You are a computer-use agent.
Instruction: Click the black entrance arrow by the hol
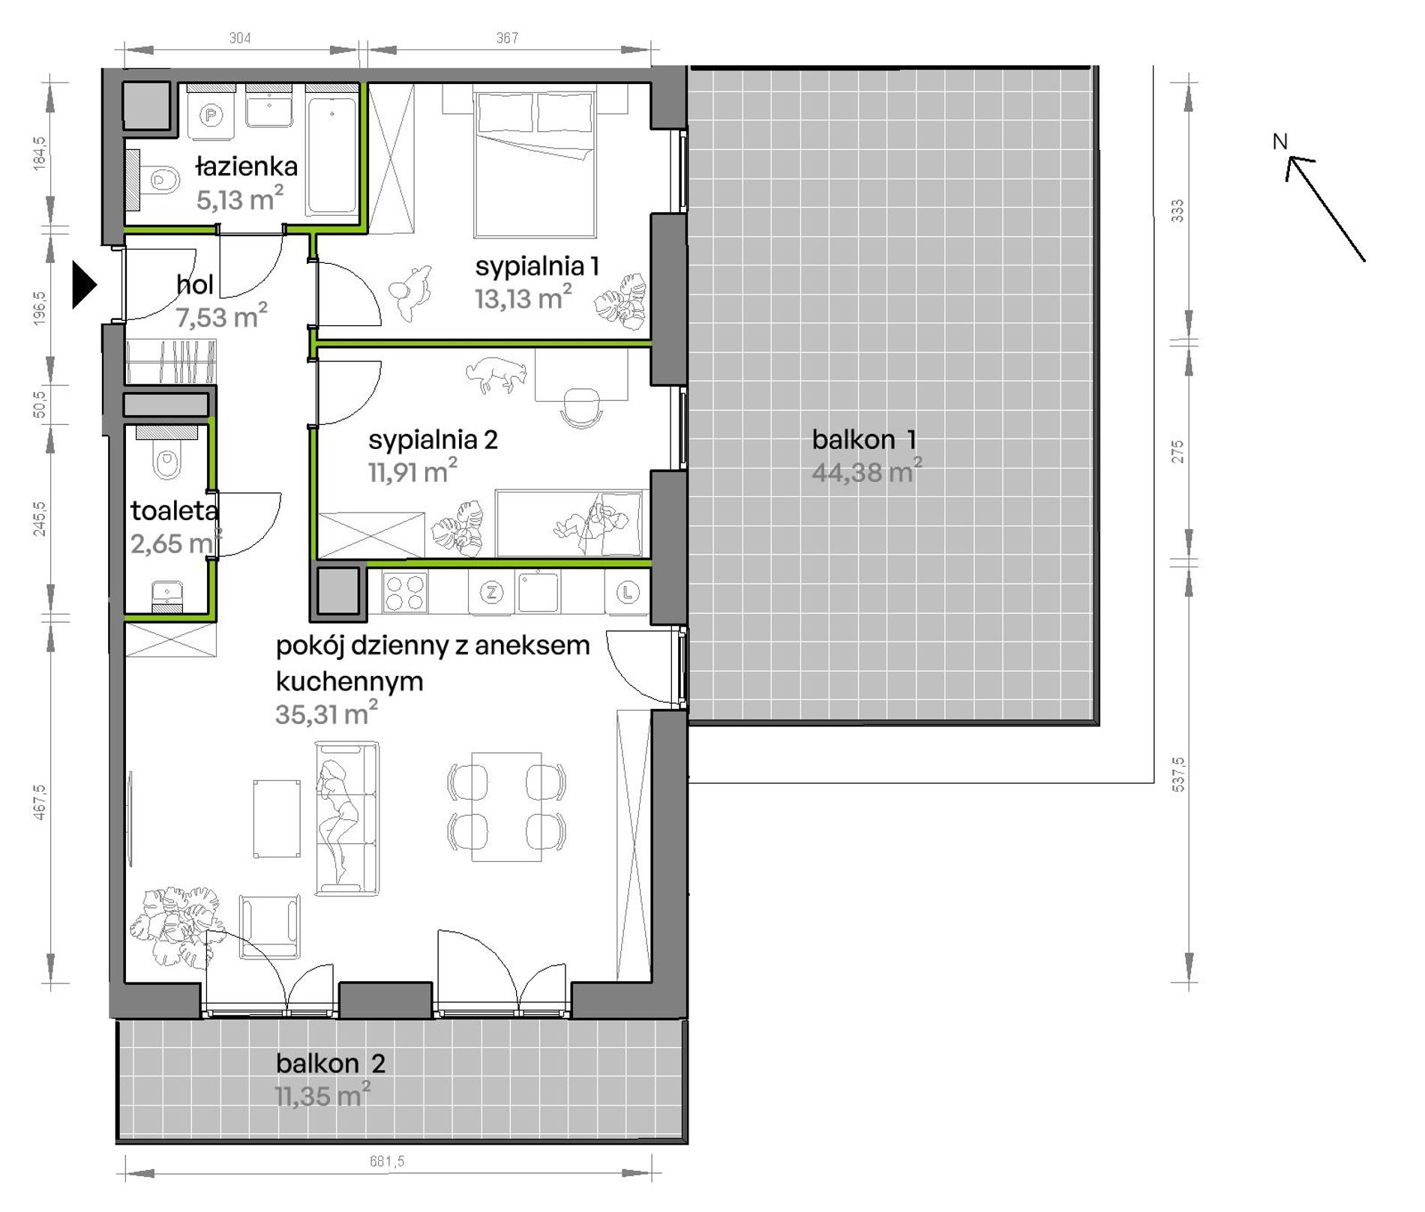[x=83, y=284]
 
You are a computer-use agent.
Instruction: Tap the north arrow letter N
[x=1280, y=141]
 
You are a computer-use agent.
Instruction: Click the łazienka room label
[x=247, y=166]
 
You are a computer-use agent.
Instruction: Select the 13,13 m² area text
[x=523, y=298]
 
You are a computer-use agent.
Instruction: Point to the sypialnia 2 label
[x=433, y=439]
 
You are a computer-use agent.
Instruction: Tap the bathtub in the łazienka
[x=332, y=151]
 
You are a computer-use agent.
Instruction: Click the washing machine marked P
[x=212, y=115]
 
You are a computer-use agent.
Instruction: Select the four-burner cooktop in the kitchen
[x=405, y=591]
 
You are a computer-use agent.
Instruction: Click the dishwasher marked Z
[x=491, y=592]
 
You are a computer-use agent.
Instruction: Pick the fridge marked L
[x=627, y=592]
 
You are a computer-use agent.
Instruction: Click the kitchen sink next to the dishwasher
[x=537, y=591]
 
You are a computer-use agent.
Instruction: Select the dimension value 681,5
[x=387, y=1161]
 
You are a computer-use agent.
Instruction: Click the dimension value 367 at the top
[x=507, y=37]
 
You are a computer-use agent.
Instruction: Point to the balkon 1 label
[x=864, y=439]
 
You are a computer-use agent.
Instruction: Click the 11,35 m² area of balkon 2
[x=322, y=1095]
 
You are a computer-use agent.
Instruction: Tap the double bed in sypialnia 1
[x=534, y=161]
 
